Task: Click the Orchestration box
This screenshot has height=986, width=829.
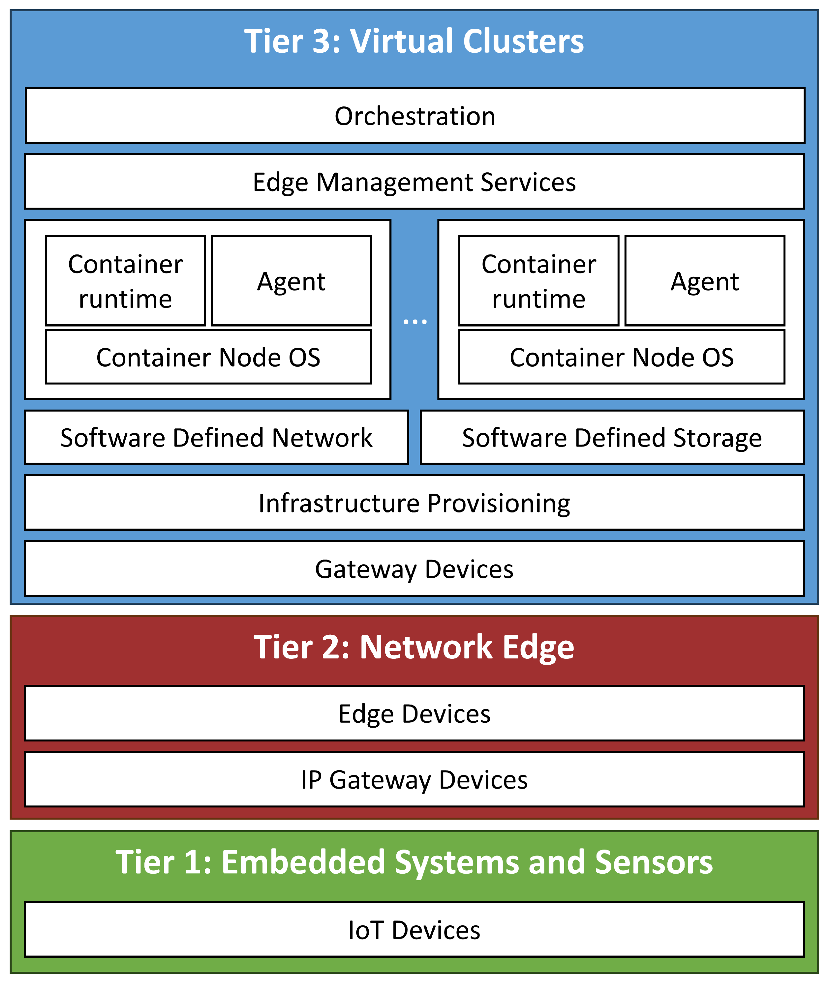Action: point(414,116)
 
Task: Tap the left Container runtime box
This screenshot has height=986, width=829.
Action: point(126,281)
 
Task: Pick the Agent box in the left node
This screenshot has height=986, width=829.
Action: point(292,281)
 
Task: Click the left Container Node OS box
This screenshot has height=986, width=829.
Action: point(208,357)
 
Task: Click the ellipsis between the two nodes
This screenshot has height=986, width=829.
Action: point(415,322)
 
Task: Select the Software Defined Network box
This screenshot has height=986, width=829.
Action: point(216,437)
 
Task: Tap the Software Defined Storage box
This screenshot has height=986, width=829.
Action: point(612,437)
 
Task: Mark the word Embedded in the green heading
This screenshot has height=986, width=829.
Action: point(303,862)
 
